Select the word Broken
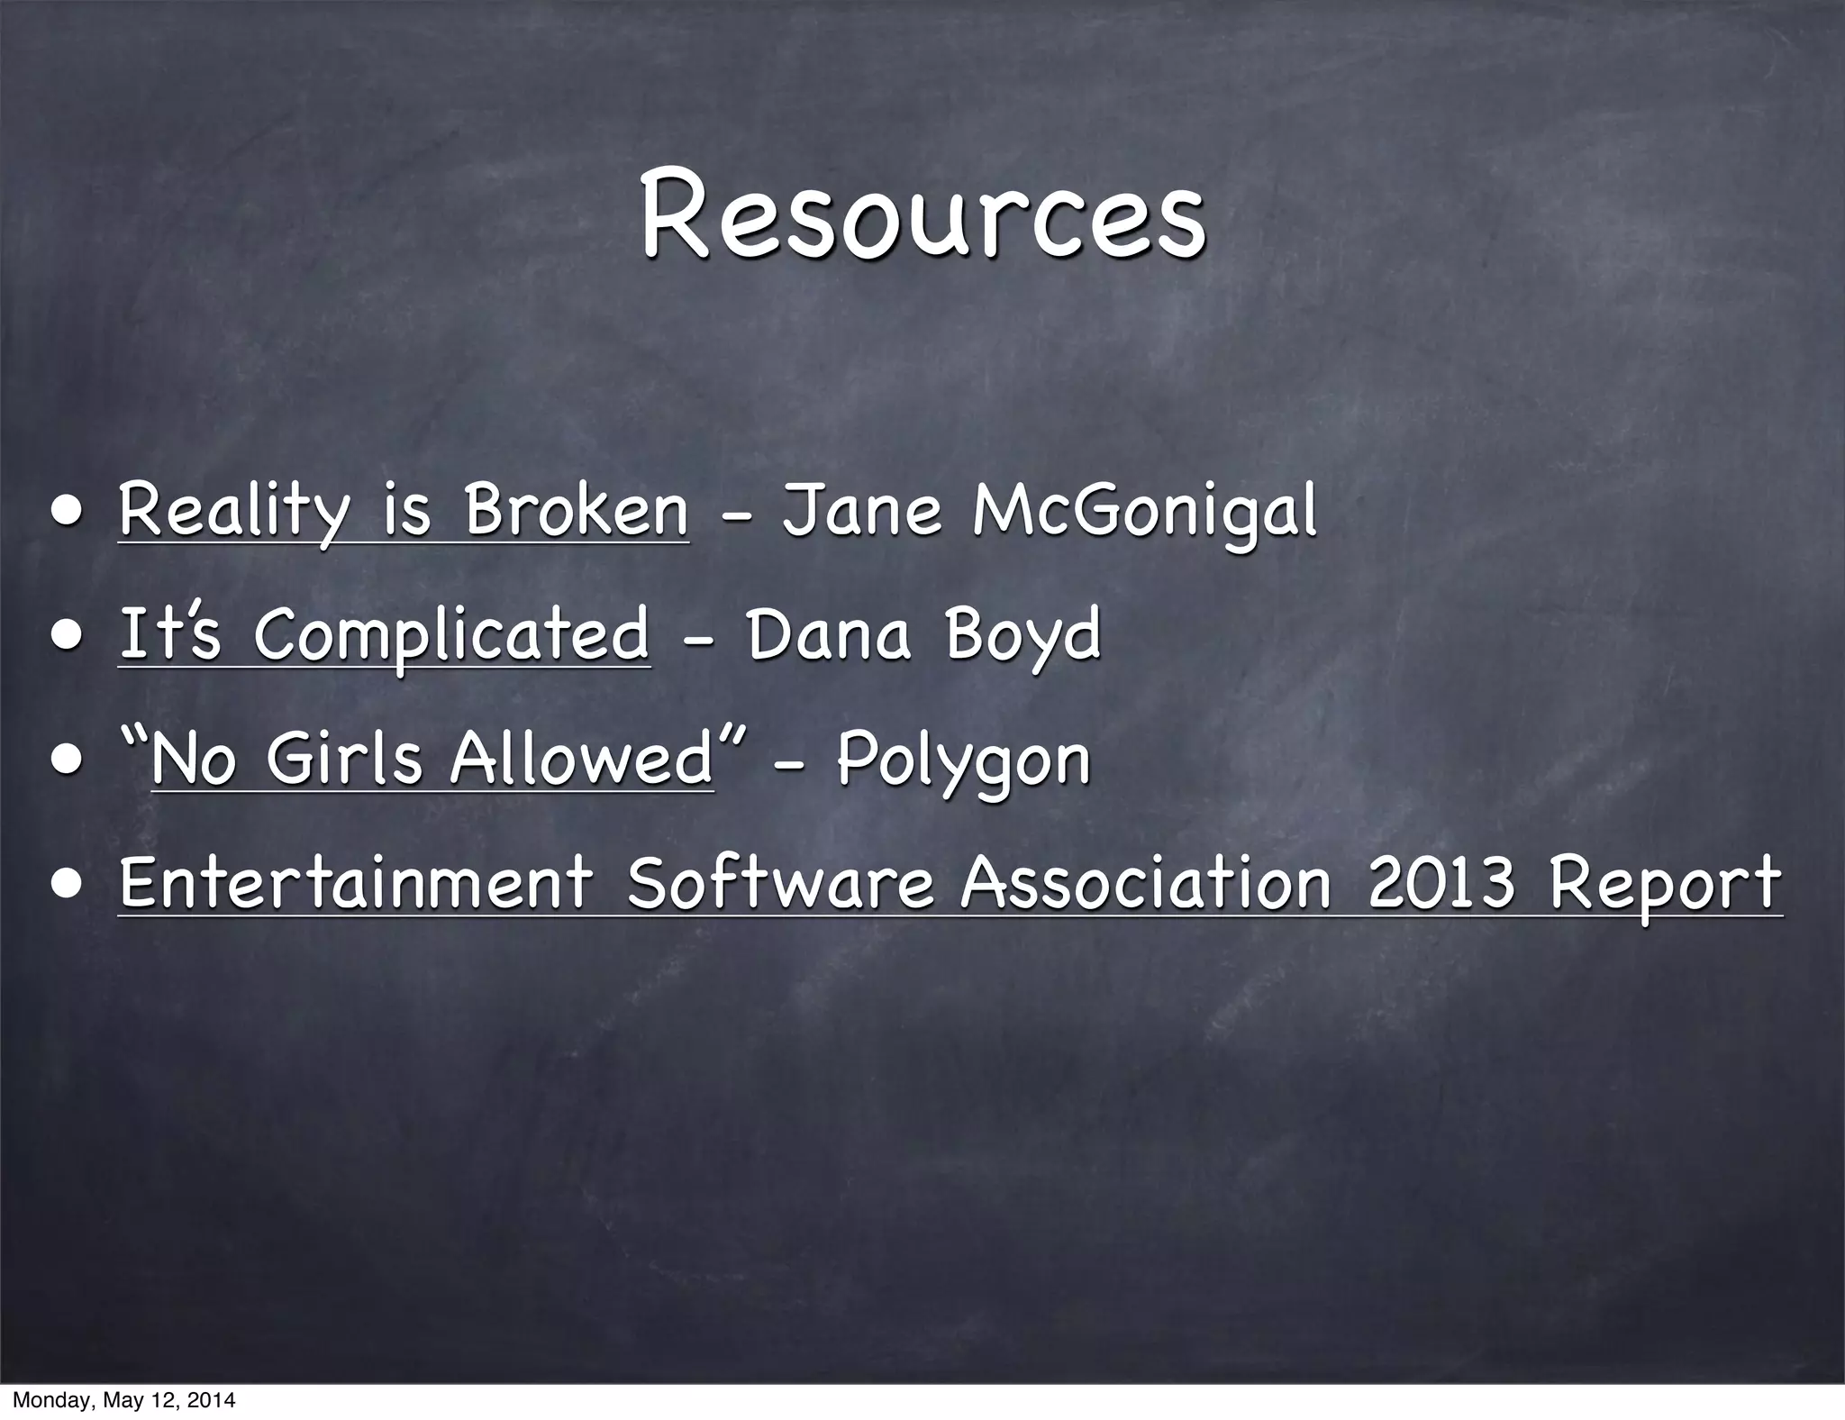576,510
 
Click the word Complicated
451,636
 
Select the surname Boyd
1023,636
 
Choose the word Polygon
963,761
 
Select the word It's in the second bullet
169,634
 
